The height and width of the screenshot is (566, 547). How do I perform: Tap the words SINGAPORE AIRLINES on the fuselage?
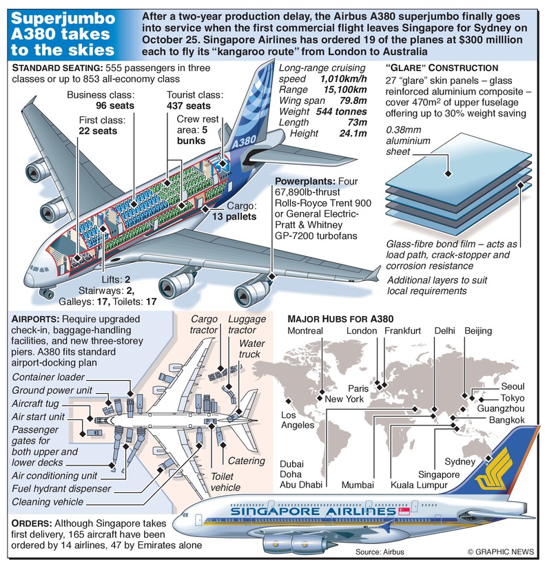click(316, 512)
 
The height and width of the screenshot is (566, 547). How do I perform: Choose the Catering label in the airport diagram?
click(247, 461)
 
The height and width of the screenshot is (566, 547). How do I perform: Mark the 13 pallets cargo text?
click(233, 216)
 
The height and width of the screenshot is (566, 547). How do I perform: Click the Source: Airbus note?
click(380, 552)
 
